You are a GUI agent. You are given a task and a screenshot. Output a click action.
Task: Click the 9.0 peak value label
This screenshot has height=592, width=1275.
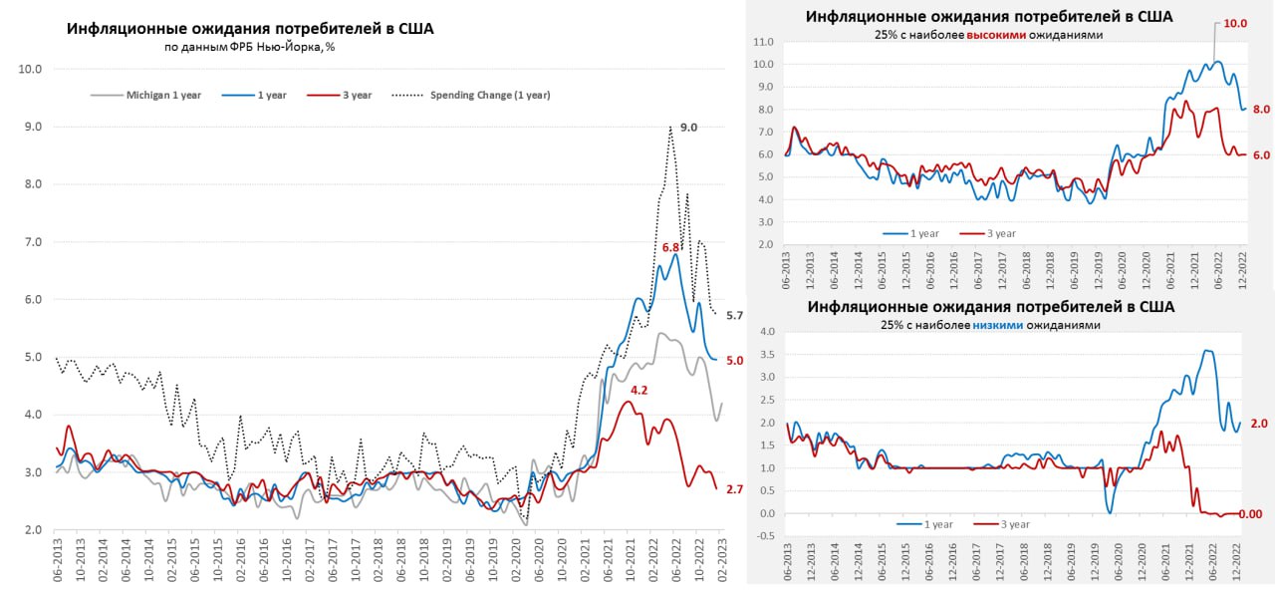pyautogui.click(x=688, y=128)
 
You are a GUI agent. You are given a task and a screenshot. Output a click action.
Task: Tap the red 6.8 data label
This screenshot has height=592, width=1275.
pyautogui.click(x=671, y=247)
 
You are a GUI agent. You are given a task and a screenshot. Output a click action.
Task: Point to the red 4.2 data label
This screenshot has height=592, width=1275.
pyautogui.click(x=639, y=391)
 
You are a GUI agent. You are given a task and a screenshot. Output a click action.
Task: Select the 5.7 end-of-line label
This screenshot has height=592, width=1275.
pyautogui.click(x=734, y=316)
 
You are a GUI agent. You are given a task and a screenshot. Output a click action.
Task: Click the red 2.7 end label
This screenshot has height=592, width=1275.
pyautogui.click(x=734, y=489)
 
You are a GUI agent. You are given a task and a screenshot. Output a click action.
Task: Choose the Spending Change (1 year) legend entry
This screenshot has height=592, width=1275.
pyautogui.click(x=489, y=96)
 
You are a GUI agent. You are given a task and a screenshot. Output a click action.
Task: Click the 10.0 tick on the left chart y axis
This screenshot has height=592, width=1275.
pyautogui.click(x=30, y=69)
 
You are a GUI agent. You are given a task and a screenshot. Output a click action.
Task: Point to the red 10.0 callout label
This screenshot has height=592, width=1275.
pyautogui.click(x=1235, y=22)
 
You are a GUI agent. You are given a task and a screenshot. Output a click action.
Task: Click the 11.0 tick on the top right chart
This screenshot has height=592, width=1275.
pyautogui.click(x=765, y=42)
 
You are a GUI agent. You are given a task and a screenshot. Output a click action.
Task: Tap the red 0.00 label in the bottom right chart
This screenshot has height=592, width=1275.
pyautogui.click(x=1257, y=514)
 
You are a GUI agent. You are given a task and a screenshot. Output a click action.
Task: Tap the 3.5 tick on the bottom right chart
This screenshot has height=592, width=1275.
pyautogui.click(x=766, y=354)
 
